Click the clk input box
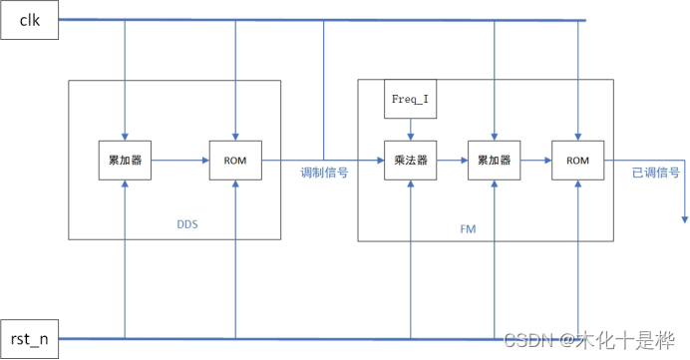tap(30, 20)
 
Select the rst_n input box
tap(30, 339)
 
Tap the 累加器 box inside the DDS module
tap(125, 160)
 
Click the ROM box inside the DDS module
tap(235, 160)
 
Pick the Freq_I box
tap(411, 101)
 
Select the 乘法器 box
tap(411, 160)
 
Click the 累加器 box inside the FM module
tap(495, 160)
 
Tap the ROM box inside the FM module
tap(578, 160)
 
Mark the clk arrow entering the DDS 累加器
tap(125, 134)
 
